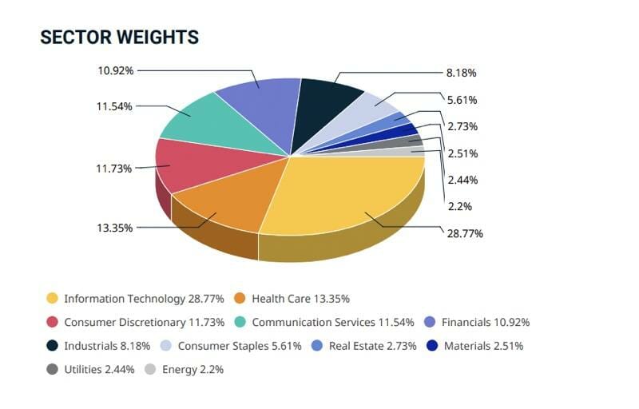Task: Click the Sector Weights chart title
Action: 119,38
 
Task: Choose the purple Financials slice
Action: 256,100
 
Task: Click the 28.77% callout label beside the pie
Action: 465,233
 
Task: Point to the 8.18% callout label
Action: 461,73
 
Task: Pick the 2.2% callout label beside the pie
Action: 459,206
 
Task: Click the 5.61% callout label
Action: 461,99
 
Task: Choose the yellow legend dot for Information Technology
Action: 53,299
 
